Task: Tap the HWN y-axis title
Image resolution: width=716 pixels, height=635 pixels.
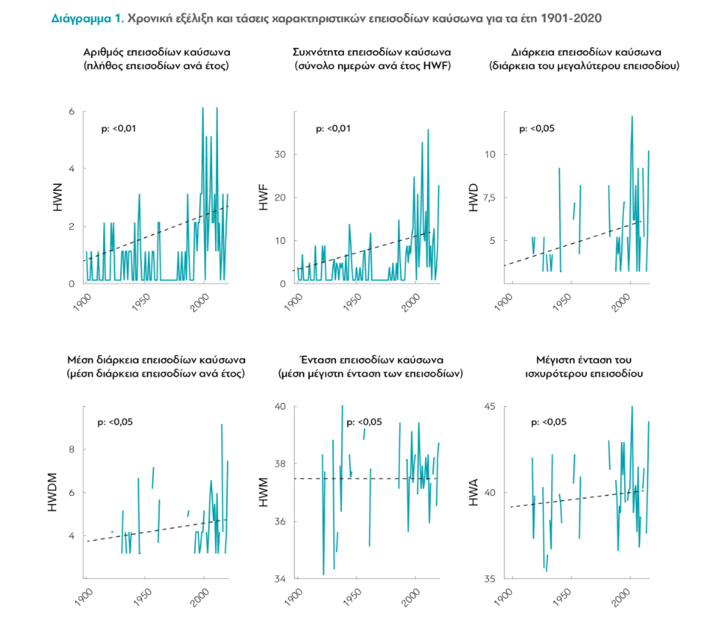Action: click(x=58, y=199)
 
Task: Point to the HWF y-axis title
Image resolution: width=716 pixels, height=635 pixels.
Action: click(x=264, y=199)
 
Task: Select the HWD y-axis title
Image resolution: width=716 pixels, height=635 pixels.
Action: click(x=475, y=199)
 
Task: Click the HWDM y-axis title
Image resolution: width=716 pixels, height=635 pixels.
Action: click(x=53, y=492)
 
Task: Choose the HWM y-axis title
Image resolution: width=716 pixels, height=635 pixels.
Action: click(x=264, y=492)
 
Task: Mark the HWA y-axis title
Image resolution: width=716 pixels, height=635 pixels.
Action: click(x=475, y=492)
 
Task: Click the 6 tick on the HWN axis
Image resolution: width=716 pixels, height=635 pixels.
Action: click(x=71, y=111)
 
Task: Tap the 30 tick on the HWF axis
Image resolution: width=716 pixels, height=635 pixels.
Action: click(x=280, y=154)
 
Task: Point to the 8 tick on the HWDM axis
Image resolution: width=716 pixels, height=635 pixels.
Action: click(x=71, y=449)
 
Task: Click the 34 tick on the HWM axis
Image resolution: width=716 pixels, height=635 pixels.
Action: click(x=280, y=579)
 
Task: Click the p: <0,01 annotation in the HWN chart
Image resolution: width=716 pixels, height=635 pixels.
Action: click(x=119, y=128)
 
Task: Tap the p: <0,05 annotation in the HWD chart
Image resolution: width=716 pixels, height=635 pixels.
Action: click(x=537, y=128)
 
